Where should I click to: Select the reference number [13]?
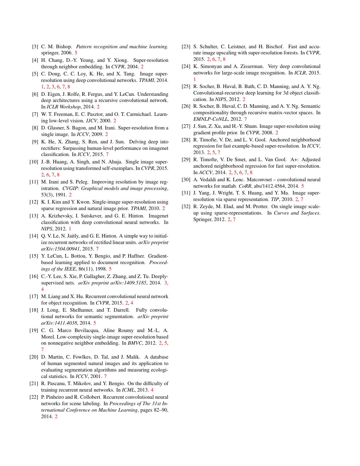point(34,216)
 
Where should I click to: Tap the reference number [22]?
point(34,397)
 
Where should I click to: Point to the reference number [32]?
point(186,206)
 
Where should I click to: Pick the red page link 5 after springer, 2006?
point(76,53)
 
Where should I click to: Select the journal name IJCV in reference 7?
point(91,121)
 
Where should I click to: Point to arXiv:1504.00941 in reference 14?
point(54,249)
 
